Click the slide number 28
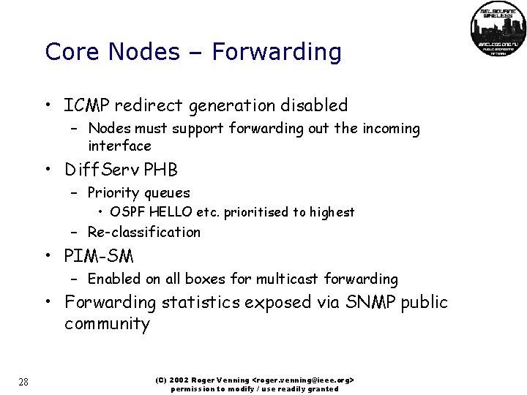point(24,381)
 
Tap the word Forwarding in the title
point(276,52)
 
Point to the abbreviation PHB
point(160,170)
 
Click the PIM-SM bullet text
point(99,256)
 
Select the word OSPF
point(126,212)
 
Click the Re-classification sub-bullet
point(143,232)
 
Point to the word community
point(107,324)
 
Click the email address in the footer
point(302,380)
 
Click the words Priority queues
point(138,193)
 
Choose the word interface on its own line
point(119,146)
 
